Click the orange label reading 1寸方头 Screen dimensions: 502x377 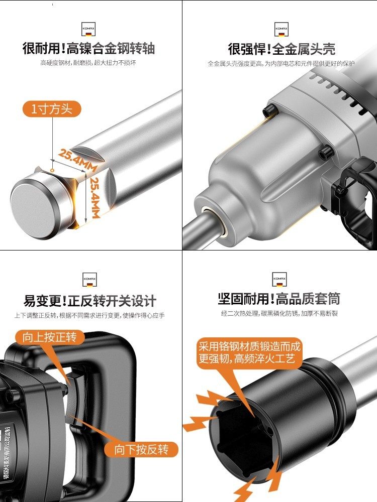(x=52, y=109)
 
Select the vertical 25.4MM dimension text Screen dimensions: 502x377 (x=93, y=196)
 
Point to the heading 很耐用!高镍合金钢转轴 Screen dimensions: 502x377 (x=88, y=49)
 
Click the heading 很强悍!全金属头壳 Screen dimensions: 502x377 (x=281, y=49)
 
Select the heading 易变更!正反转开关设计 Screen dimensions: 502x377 (x=90, y=301)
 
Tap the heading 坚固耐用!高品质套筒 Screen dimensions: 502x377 (x=279, y=299)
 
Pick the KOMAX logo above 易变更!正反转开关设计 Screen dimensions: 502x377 (x=89, y=279)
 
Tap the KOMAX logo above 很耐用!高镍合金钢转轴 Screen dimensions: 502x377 (x=88, y=28)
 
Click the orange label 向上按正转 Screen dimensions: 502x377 (x=50, y=337)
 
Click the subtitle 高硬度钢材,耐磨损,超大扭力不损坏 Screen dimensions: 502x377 (x=88, y=63)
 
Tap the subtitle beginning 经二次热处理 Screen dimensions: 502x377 (x=279, y=314)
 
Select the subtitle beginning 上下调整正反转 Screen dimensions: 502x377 (x=89, y=315)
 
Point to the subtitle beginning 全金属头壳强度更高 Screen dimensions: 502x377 (x=281, y=63)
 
